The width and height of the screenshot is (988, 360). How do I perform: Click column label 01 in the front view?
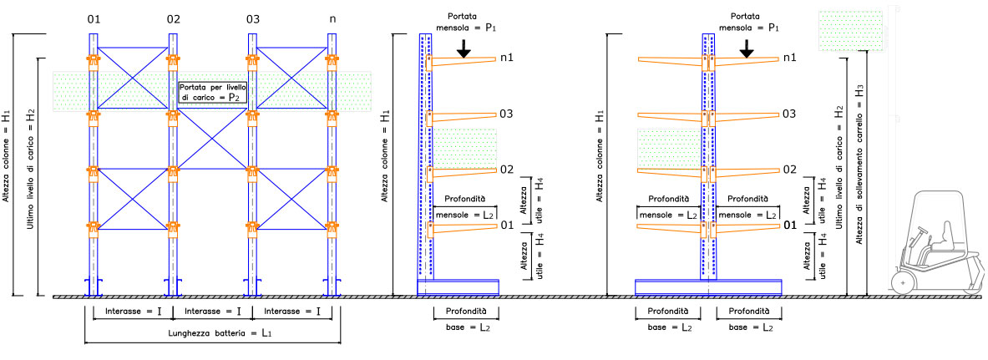(x=94, y=18)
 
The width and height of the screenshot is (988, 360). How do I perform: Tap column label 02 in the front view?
(x=173, y=18)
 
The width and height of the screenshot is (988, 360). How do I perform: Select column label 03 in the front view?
(x=253, y=18)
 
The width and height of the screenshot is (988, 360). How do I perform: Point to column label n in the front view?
(x=332, y=18)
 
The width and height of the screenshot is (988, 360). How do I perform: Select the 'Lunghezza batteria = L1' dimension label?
(x=213, y=333)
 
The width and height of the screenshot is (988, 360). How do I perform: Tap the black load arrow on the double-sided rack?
(x=747, y=50)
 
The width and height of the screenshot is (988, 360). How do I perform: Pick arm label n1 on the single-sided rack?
(x=506, y=58)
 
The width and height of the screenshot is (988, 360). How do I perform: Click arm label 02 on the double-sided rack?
(x=789, y=170)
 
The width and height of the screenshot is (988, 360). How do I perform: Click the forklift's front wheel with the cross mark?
(x=903, y=283)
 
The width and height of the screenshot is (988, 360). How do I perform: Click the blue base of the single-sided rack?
(x=458, y=286)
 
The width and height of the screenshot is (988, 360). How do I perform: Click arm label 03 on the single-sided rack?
(x=506, y=114)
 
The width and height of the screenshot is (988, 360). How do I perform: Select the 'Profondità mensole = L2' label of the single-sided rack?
(x=465, y=207)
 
